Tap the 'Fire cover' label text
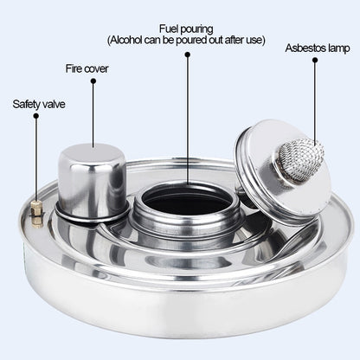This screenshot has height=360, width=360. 87,67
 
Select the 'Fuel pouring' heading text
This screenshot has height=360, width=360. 186,29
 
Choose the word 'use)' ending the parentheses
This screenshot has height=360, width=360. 255,41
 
